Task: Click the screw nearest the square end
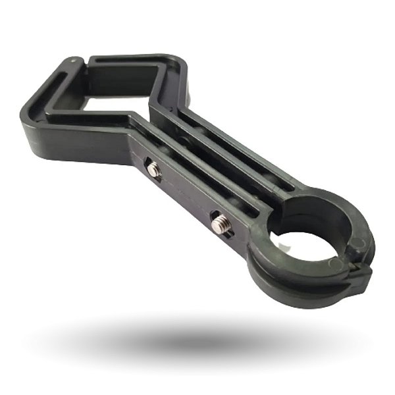coord(154,170)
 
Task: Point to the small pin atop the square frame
coord(73,61)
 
